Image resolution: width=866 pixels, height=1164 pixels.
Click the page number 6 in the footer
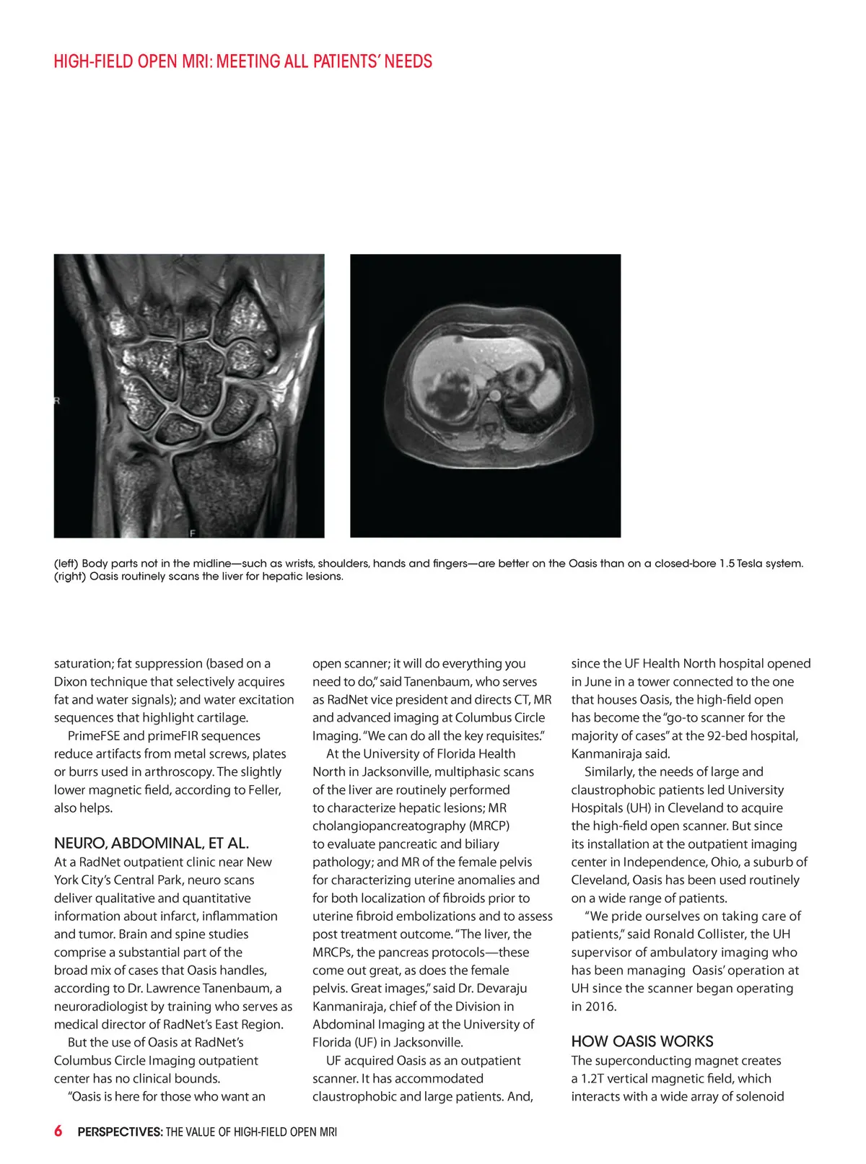[58, 1131]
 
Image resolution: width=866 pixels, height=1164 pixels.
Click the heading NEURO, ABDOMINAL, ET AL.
[152, 843]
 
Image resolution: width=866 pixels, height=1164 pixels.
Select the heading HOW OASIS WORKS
[642, 1041]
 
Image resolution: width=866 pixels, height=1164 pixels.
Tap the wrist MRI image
[189, 395]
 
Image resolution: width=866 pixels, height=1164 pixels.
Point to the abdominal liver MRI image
[485, 395]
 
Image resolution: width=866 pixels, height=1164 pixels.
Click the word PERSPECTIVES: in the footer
[120, 1132]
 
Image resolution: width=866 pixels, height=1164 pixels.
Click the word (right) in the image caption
[69, 576]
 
